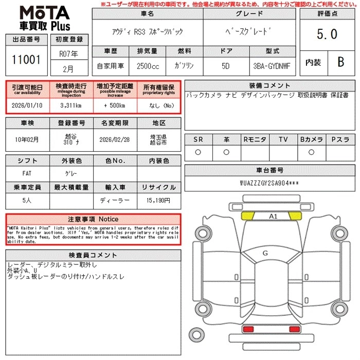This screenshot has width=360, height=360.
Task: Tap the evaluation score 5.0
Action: pyautogui.click(x=327, y=34)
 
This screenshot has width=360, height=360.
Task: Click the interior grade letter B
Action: pyautogui.click(x=340, y=62)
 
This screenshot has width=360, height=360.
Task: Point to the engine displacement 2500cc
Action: pyautogui.click(x=148, y=66)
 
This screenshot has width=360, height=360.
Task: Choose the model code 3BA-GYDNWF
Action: pyautogui.click(x=272, y=66)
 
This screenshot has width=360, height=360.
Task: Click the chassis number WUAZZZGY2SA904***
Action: pyautogui.click(x=269, y=183)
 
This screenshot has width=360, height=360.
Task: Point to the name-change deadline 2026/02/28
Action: pyautogui.click(x=115, y=139)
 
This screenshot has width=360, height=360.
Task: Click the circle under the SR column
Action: pyautogui.click(x=198, y=152)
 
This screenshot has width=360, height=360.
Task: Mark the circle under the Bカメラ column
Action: pyautogui.click(x=311, y=152)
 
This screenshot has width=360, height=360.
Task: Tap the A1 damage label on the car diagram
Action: pyautogui.click(x=273, y=217)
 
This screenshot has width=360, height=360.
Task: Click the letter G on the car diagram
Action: pyautogui.click(x=265, y=253)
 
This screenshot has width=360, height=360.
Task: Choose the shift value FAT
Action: pyautogui.click(x=27, y=174)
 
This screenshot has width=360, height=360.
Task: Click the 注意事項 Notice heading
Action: pyautogui.click(x=93, y=219)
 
